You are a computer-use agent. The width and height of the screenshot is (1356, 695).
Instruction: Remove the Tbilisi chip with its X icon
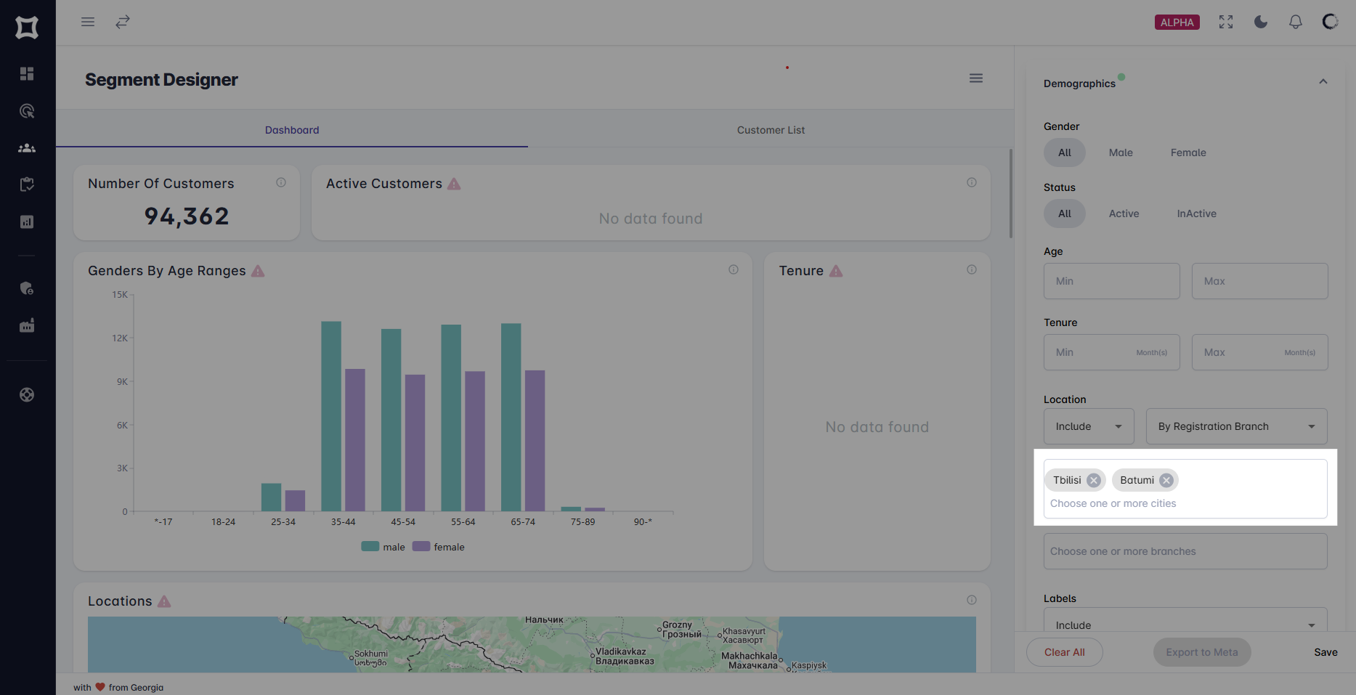[x=1093, y=480]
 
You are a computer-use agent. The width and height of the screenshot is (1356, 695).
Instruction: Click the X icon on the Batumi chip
[x=1166, y=480]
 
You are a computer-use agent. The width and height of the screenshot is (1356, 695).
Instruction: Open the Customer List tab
[x=771, y=130]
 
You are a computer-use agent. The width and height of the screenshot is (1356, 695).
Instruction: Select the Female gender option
[x=1187, y=153]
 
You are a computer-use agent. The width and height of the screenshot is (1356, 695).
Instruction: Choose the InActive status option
[x=1196, y=214]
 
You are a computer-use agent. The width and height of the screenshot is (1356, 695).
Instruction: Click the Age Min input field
[x=1111, y=281]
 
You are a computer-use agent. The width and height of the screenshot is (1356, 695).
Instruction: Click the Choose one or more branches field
[x=1185, y=551]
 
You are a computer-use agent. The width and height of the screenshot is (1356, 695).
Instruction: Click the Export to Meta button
[x=1201, y=652]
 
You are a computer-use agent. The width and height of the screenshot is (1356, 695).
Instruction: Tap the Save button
[x=1325, y=652]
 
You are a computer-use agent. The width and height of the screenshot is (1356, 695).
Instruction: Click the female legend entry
[x=439, y=547]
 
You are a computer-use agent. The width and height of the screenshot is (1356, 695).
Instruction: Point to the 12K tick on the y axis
[x=120, y=338]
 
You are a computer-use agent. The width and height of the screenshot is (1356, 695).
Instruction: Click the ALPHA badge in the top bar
[x=1177, y=23]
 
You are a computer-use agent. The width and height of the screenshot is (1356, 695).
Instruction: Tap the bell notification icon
[x=1295, y=23]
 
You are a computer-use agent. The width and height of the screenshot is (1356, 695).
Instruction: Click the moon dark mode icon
[x=1260, y=23]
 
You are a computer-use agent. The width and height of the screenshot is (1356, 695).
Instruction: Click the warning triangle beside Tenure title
[x=836, y=271]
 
